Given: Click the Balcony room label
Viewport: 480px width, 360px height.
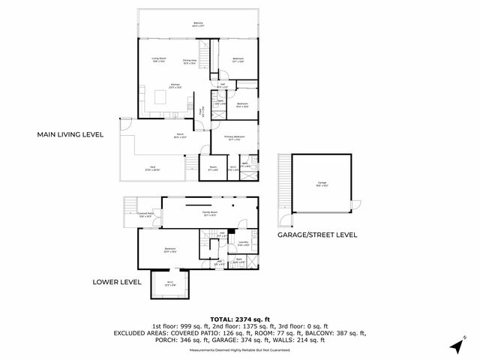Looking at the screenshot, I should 198,24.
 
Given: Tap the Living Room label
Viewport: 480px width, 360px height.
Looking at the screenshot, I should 159,60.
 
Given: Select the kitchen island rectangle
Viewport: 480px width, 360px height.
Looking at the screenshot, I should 160,97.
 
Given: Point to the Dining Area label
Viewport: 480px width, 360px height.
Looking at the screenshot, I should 189,61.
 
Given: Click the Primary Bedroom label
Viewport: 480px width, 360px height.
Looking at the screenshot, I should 234,137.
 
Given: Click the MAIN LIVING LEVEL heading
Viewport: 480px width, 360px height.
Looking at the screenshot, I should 70,134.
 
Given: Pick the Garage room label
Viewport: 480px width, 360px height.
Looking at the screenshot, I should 322,183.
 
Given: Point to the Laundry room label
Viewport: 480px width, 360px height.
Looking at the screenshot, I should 243,243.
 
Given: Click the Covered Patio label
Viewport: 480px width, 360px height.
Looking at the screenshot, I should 145,214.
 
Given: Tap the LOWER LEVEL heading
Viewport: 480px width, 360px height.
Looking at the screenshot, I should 117,282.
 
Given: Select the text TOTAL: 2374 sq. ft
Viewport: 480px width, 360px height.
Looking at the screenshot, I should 240,318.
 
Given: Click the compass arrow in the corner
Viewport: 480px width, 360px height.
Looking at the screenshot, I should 455,346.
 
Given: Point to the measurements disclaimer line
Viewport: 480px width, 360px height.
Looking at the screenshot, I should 240,349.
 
